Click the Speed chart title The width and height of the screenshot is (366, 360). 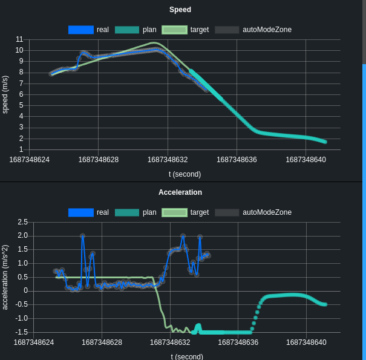[180, 10]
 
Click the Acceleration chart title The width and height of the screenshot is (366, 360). [180, 192]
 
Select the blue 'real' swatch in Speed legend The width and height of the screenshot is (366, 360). [81, 30]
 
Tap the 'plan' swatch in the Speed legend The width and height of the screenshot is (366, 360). [127, 30]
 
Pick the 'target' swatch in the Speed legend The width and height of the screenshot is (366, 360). [174, 30]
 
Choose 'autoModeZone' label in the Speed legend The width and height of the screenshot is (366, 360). [267, 30]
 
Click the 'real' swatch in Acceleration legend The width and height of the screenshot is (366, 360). [81, 212]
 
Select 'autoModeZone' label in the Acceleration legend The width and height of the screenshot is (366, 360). [267, 212]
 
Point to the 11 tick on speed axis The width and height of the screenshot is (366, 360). [19, 39]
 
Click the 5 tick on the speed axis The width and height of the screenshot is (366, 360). [21, 105]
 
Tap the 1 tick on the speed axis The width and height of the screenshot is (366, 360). [21, 149]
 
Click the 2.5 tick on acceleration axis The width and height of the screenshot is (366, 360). [23, 222]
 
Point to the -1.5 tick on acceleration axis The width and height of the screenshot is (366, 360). [22, 332]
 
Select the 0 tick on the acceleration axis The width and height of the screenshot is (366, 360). [25, 291]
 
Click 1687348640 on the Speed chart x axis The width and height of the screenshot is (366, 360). [306, 160]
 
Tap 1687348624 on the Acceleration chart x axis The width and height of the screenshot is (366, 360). [34, 342]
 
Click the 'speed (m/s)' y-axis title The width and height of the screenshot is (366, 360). [5, 94]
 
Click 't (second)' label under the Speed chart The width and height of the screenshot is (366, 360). [185, 174]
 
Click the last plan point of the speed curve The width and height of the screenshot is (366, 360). [325, 142]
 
